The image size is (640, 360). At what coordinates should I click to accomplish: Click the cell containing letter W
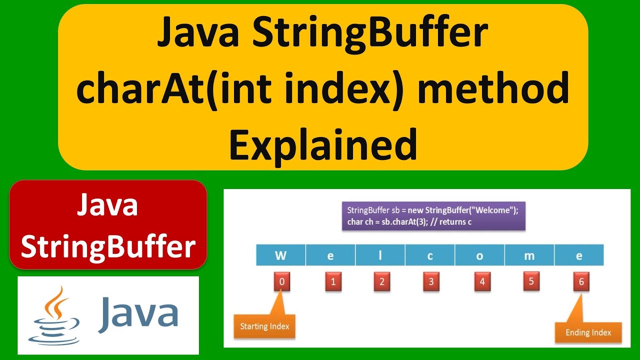pyautogui.click(x=280, y=255)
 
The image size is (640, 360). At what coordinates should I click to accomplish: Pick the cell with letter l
pyautogui.click(x=380, y=255)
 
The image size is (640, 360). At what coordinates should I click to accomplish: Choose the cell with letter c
pyautogui.click(x=430, y=255)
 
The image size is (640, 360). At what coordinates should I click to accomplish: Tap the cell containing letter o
pyautogui.click(x=479, y=255)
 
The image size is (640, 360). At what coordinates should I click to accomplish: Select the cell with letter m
pyautogui.click(x=529, y=255)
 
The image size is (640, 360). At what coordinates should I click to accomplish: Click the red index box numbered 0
pyautogui.click(x=281, y=281)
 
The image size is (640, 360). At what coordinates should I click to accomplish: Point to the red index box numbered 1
pyautogui.click(x=332, y=281)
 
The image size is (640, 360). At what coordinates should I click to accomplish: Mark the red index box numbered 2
pyautogui.click(x=381, y=281)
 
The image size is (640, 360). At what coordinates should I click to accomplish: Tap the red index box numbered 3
pyautogui.click(x=431, y=281)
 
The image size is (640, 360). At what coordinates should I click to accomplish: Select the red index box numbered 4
pyautogui.click(x=482, y=281)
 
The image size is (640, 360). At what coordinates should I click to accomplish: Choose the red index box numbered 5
pyautogui.click(x=531, y=281)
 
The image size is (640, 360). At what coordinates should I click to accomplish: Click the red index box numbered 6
pyautogui.click(x=581, y=281)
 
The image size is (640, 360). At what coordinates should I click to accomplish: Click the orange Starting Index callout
pyautogui.click(x=264, y=326)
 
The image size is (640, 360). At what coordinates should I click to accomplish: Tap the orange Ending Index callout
pyautogui.click(x=588, y=332)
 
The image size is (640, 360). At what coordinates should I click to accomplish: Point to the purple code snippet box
pyautogui.click(x=433, y=215)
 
